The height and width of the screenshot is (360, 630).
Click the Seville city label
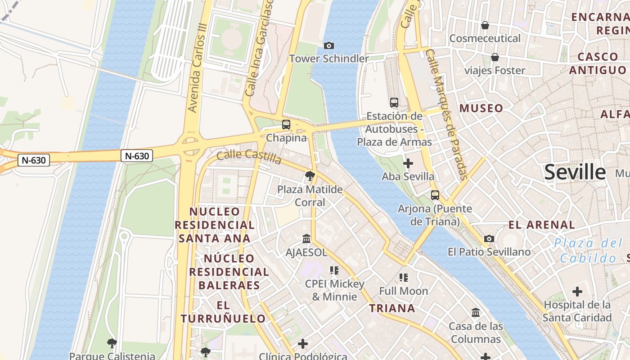[575, 172]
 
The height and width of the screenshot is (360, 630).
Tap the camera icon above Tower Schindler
[329, 45]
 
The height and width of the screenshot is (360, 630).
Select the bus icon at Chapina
[286, 125]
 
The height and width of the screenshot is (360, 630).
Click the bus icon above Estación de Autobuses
[394, 103]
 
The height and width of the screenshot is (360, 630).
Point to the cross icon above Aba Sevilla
[408, 163]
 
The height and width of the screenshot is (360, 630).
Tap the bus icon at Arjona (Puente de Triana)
[435, 195]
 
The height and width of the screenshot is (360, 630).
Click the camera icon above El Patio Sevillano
[489, 238]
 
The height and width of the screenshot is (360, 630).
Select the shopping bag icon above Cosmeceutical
[485, 25]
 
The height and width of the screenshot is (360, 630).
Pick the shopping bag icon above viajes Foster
[495, 57]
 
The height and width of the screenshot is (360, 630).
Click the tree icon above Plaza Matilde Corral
[310, 176]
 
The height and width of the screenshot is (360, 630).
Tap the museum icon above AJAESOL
[306, 238]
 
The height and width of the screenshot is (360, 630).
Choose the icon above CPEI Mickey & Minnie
[334, 270]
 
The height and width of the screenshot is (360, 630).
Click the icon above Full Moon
[403, 278]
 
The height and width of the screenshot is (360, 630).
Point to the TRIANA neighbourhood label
[392, 308]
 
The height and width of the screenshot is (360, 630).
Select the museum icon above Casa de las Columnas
[476, 312]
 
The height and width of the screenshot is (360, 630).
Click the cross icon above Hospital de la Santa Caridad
[577, 292]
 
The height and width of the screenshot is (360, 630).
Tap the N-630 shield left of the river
[34, 160]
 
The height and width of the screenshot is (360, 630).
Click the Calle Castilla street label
[249, 157]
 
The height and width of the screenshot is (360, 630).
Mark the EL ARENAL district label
[542, 225]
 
